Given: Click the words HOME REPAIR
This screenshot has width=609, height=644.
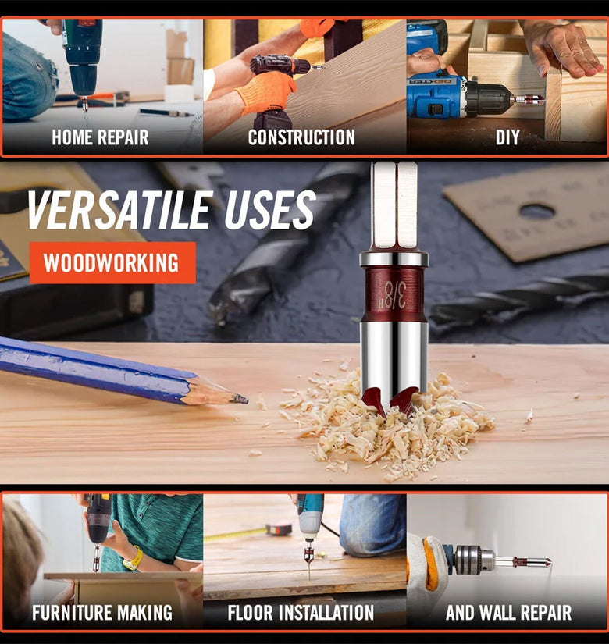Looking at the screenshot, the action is click(100, 137).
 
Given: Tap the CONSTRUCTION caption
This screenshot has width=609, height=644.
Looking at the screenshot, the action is click(301, 137).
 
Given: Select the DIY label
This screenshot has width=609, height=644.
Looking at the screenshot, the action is click(507, 137).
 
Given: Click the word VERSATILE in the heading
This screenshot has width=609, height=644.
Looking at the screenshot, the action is click(119, 210).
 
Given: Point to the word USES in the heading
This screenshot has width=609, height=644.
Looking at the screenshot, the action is click(270, 209).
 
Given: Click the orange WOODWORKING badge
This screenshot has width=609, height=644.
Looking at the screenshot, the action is click(112, 263).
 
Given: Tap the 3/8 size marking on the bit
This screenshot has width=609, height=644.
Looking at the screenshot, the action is click(395, 295).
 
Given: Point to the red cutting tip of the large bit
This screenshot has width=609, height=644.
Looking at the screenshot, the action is click(390, 404).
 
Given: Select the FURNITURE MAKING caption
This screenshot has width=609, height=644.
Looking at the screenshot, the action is click(102, 613).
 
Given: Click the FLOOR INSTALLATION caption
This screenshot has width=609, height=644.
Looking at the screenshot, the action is click(301, 613).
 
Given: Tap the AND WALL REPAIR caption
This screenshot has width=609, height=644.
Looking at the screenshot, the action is click(508, 613).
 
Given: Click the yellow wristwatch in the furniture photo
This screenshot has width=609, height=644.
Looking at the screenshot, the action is click(134, 558).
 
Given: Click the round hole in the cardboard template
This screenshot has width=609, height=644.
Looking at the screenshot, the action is click(536, 212).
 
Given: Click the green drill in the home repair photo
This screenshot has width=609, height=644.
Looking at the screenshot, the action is click(82, 58).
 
